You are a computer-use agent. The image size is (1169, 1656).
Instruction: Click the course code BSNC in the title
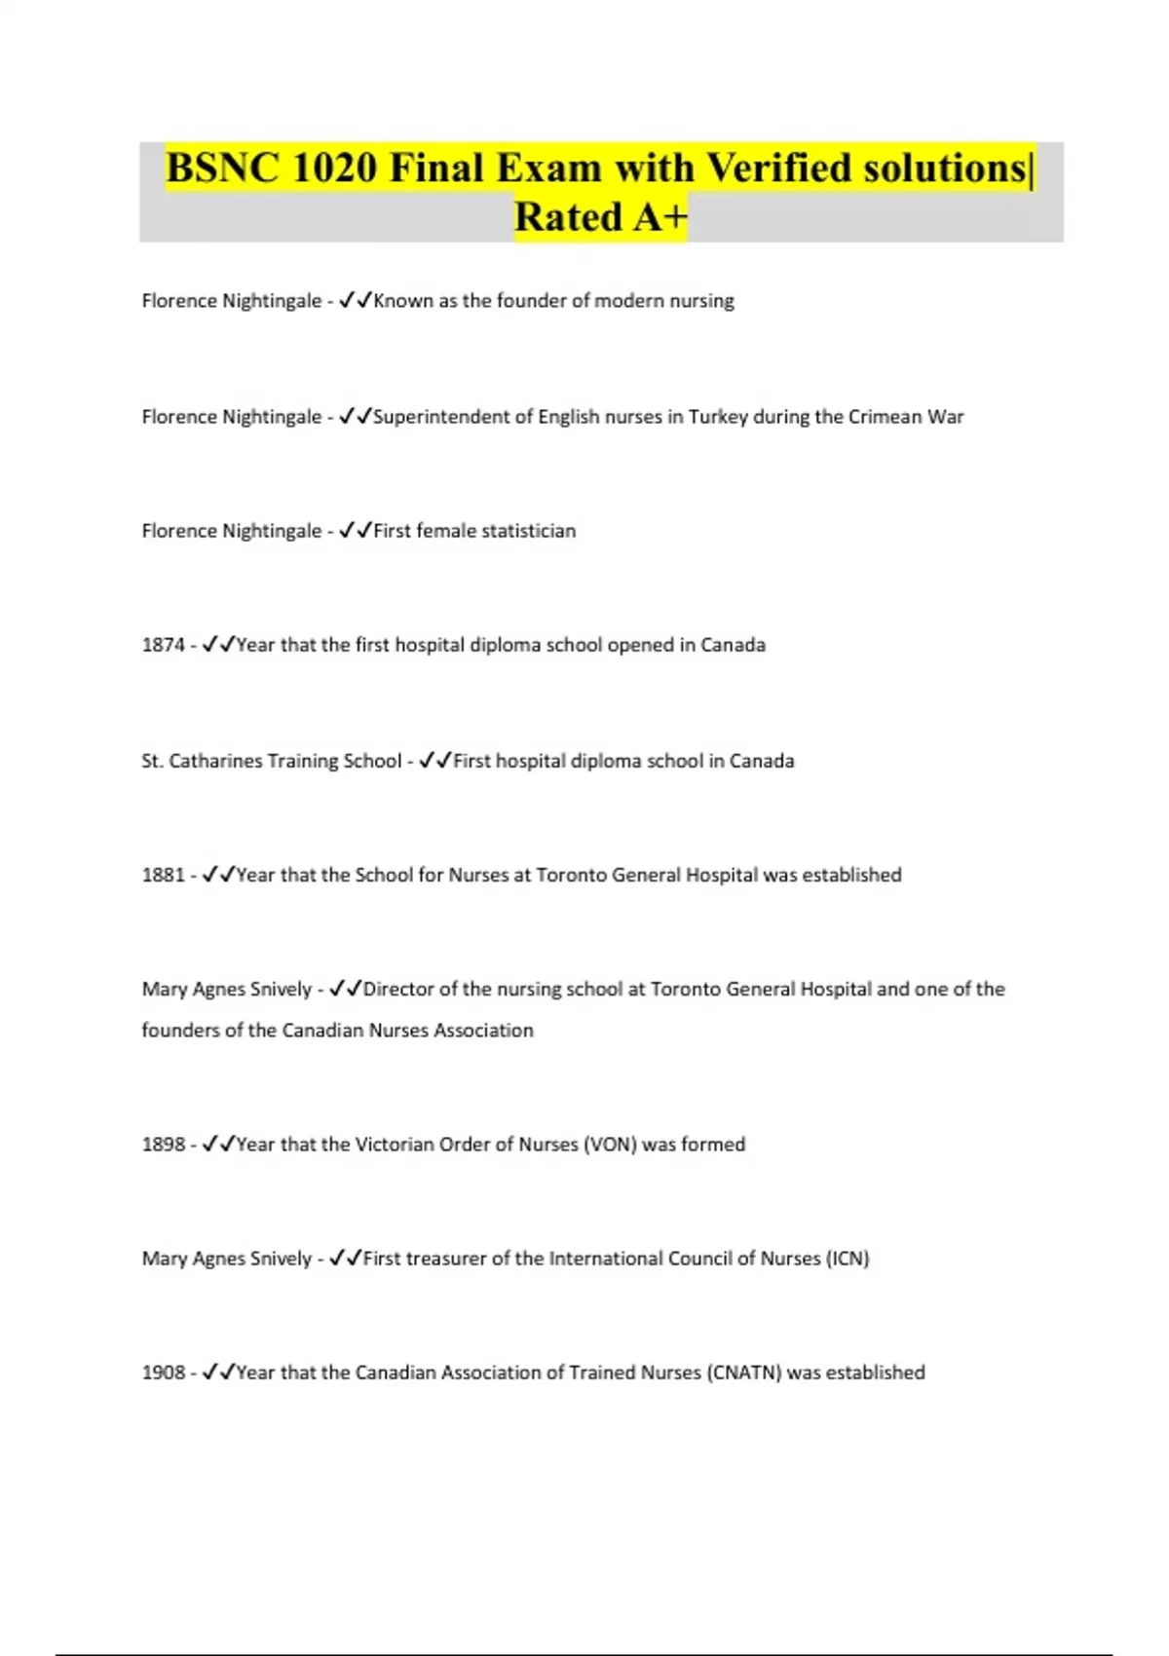[x=222, y=169]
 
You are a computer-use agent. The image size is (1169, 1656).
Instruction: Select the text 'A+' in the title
[x=660, y=217]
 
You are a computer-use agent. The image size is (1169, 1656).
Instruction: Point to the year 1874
[x=163, y=645]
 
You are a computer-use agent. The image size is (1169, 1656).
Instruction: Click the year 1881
[x=163, y=875]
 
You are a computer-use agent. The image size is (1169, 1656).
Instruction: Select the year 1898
[x=163, y=1145]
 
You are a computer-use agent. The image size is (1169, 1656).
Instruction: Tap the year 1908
[x=163, y=1373]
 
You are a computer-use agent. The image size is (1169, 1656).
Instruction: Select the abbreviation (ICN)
[x=848, y=1259]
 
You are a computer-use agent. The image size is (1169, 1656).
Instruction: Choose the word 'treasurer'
[x=446, y=1259]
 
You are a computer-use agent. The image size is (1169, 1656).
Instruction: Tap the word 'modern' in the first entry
[x=629, y=301]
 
